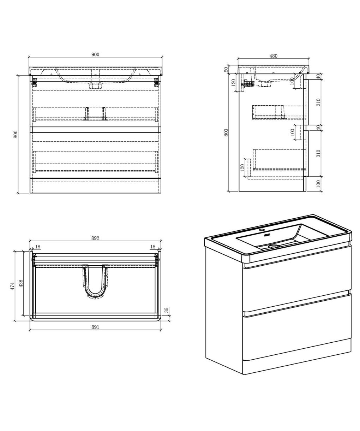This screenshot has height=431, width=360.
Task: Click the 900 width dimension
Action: (x=95, y=54)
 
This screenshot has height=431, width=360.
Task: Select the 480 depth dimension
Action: (x=274, y=56)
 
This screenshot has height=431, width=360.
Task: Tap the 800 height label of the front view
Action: (x=16, y=134)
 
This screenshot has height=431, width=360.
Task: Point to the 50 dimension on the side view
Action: (x=226, y=69)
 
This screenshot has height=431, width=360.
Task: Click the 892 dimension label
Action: (x=95, y=238)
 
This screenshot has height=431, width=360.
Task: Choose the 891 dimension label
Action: (x=95, y=327)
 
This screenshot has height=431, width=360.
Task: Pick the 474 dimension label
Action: (x=13, y=286)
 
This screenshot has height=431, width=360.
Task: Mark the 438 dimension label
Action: (x=21, y=284)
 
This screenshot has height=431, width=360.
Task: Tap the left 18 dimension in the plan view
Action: (x=38, y=247)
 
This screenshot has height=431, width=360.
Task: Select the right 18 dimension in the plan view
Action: (x=152, y=247)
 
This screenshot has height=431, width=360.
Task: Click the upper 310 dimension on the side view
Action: (x=319, y=102)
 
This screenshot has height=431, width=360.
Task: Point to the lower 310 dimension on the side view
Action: (x=319, y=153)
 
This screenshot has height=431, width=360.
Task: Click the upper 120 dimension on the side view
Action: (x=234, y=83)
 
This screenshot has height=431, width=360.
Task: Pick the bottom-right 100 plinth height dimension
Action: (x=319, y=184)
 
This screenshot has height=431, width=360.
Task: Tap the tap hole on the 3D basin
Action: (x=262, y=230)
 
